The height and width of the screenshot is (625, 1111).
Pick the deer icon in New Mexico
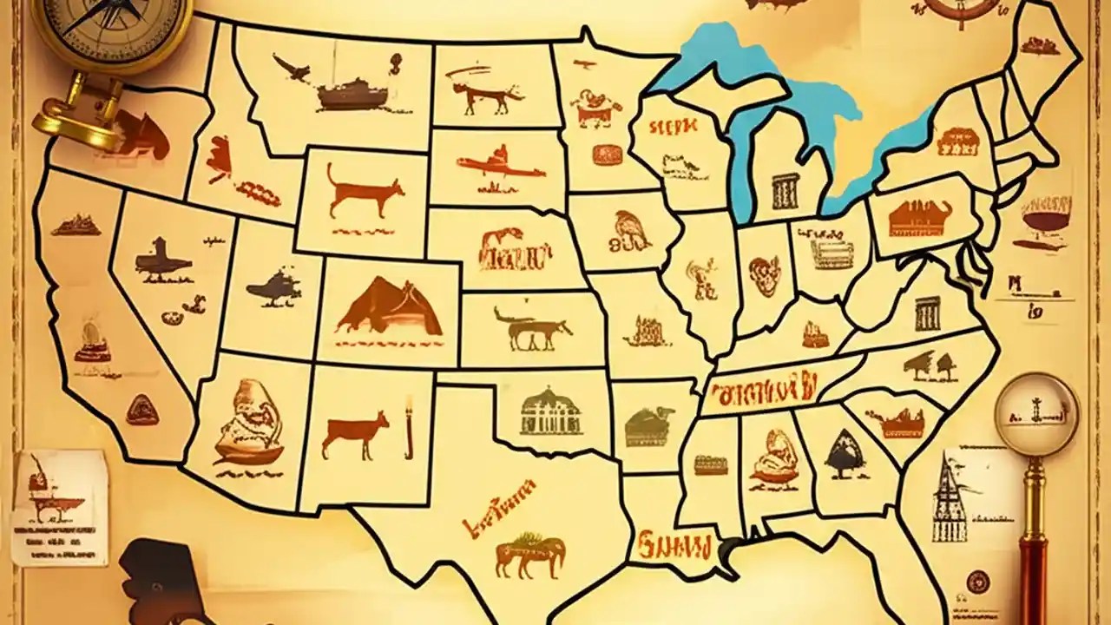point(356,434)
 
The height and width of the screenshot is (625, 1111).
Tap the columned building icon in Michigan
point(785,191)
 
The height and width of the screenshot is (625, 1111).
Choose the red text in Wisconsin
point(673,128)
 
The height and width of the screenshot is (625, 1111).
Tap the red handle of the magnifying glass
point(1033,564)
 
